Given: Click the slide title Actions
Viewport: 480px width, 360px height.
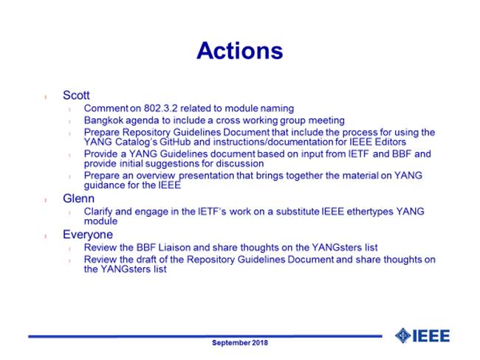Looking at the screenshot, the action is [x=240, y=51].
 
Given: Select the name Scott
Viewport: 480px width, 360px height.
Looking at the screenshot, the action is [x=76, y=95].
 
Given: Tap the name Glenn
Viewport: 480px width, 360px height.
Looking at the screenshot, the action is [x=79, y=198].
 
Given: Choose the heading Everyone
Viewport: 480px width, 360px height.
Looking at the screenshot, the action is [x=88, y=235].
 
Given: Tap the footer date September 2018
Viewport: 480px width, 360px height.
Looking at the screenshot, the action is [x=240, y=342].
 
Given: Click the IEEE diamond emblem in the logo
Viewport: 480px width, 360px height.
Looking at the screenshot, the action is [x=402, y=336].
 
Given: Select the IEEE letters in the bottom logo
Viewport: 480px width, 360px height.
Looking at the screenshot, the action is [x=431, y=336].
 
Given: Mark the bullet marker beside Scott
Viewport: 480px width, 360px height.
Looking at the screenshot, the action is [x=45, y=97].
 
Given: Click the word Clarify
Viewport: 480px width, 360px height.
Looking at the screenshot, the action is [x=98, y=211].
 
